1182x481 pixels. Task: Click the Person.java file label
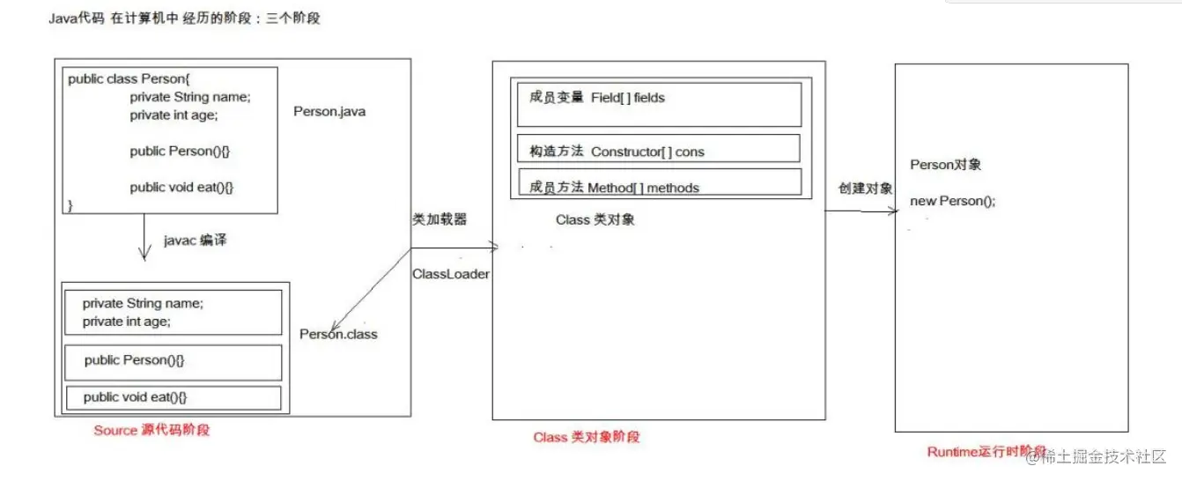tap(329, 112)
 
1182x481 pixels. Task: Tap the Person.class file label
tap(338, 334)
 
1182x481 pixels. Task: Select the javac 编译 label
tap(195, 240)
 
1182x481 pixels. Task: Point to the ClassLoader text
tap(450, 274)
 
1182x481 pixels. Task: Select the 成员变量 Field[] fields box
tap(655, 104)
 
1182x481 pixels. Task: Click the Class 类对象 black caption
tap(595, 219)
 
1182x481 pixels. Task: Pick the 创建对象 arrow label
tap(866, 189)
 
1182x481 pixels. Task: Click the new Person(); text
tap(952, 201)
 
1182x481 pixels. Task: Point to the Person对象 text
tap(945, 165)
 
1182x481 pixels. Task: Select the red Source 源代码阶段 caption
tap(151, 431)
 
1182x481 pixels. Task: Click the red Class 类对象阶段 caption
tap(586, 437)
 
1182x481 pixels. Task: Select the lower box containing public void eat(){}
tap(174, 397)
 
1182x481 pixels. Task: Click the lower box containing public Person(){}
tap(174, 361)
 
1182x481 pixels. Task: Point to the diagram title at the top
tap(185, 18)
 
